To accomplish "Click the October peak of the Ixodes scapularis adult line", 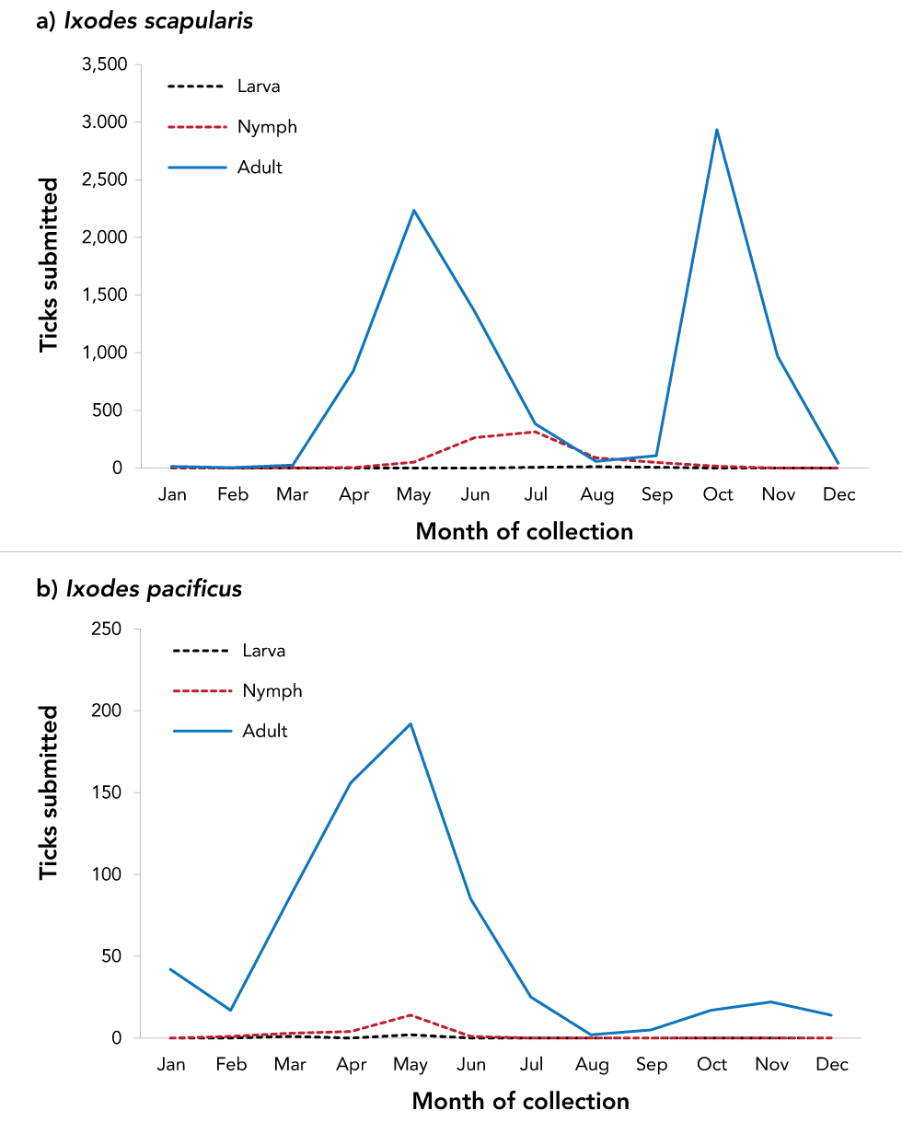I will (716, 130).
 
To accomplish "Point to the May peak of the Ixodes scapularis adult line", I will (414, 211).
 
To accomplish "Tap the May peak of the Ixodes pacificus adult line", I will (411, 723).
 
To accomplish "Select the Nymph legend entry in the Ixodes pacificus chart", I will (272, 690).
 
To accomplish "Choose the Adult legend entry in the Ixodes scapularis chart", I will (259, 168).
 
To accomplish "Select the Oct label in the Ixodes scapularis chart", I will (718, 495).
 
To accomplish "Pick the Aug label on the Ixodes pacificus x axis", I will (592, 1065).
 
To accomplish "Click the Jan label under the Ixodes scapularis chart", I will (172, 495).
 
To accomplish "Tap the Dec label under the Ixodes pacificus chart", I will (832, 1065).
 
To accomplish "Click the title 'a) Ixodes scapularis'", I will (144, 21).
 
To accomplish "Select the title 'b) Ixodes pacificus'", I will (139, 588).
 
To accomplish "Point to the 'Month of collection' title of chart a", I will (524, 531).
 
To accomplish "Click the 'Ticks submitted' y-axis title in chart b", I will (49, 792).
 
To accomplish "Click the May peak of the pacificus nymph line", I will (411, 1015).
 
